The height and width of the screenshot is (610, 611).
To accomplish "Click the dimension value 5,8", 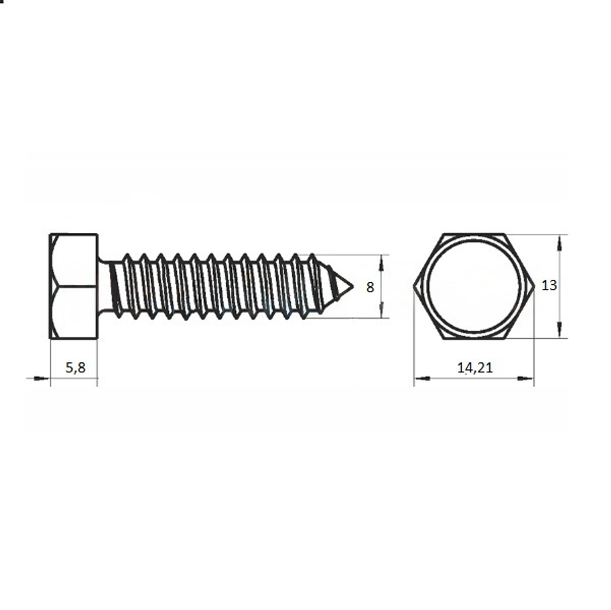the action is click(x=75, y=367).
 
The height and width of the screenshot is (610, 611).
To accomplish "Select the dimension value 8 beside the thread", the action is click(x=370, y=287).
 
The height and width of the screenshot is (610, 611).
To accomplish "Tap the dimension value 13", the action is click(x=549, y=285).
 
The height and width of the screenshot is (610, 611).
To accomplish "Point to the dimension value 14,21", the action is click(x=475, y=367).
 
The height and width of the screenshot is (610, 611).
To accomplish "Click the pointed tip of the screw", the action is click(x=353, y=287).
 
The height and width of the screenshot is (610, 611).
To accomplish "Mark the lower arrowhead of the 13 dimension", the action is click(x=560, y=329).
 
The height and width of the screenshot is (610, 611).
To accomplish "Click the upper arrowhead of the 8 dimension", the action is click(x=381, y=263).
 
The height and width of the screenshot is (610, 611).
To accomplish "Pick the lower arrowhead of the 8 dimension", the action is click(x=381, y=311).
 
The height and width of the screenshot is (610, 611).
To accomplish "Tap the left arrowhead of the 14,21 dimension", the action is click(x=422, y=378).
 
